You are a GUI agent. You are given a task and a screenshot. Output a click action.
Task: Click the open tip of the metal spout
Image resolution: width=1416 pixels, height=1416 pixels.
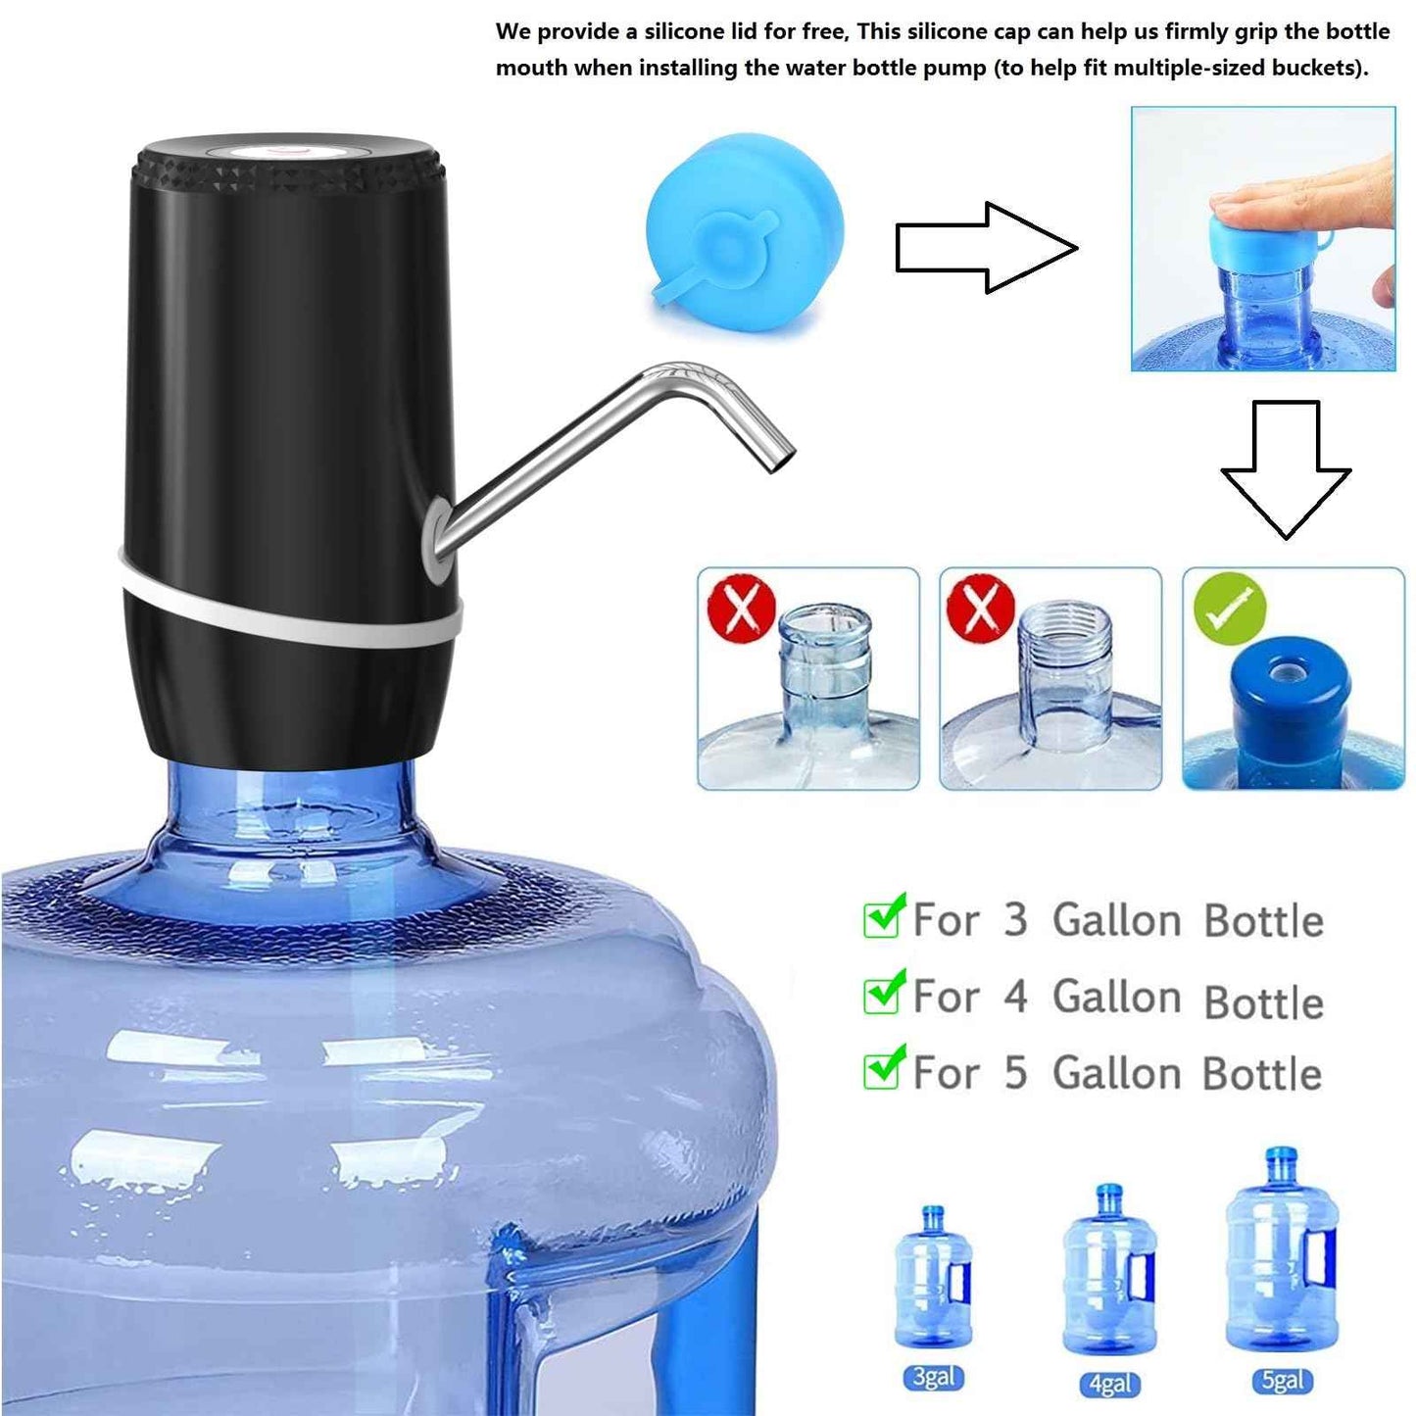[780, 460]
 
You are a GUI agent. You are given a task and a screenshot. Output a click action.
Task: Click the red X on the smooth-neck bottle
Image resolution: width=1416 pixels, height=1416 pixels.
[742, 608]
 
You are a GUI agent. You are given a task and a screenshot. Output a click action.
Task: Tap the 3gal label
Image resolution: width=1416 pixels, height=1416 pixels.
[933, 1377]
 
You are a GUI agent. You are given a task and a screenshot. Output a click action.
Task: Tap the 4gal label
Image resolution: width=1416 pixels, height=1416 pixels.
[1109, 1383]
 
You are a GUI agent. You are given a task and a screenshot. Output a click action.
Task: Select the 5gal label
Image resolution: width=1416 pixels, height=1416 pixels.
[1282, 1381]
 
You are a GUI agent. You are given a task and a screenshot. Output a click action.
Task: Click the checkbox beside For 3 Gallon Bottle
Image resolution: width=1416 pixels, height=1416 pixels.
[882, 918]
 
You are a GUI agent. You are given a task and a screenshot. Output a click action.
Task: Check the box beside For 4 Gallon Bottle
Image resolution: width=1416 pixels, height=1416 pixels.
[882, 995]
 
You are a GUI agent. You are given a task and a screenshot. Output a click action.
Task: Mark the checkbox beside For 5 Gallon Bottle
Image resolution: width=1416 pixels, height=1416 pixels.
[882, 1070]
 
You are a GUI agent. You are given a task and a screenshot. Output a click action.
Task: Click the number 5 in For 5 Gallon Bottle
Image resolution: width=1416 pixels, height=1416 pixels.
[1015, 1073]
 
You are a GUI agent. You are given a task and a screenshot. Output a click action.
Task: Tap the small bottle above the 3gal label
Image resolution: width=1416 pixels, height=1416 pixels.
[933, 1279]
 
